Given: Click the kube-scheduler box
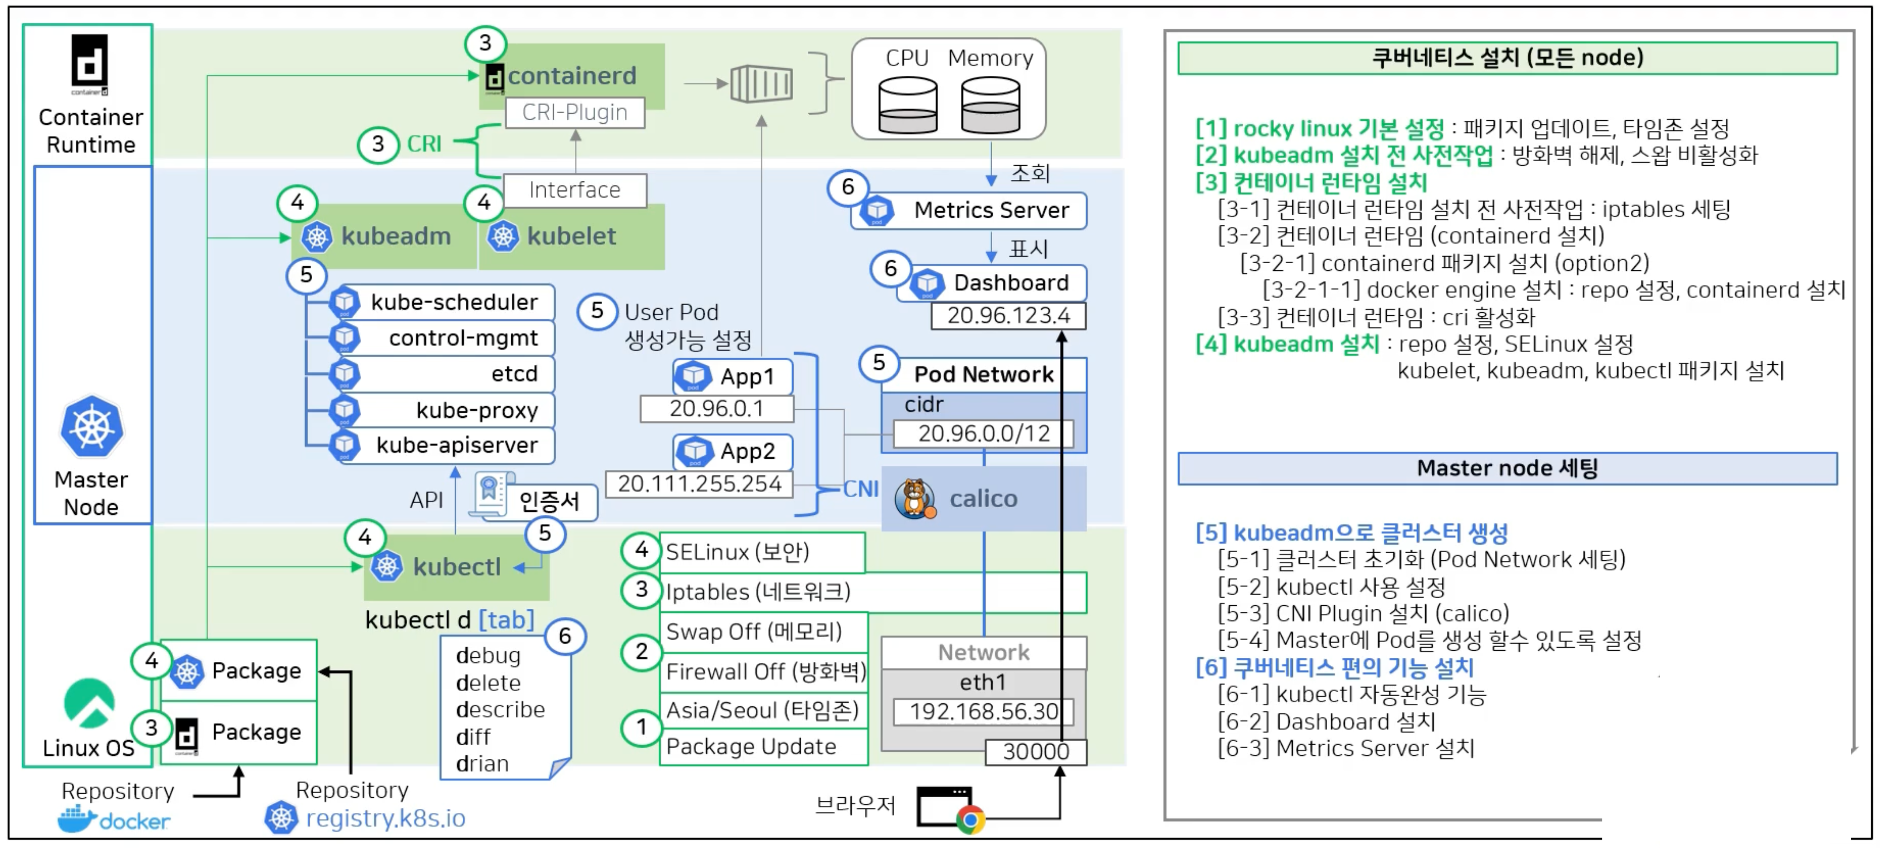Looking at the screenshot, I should point(446,302).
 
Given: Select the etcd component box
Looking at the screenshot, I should point(446,374).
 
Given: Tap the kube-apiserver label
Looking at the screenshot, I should point(456,445).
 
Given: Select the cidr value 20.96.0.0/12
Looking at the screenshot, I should point(983,434).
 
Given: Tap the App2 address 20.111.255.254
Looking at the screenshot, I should point(699,484).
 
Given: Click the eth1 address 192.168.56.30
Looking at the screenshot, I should point(983,711).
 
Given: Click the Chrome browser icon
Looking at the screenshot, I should point(970,819).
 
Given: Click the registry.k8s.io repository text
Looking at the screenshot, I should point(385,818).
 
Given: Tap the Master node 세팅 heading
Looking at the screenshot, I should point(1507,468).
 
